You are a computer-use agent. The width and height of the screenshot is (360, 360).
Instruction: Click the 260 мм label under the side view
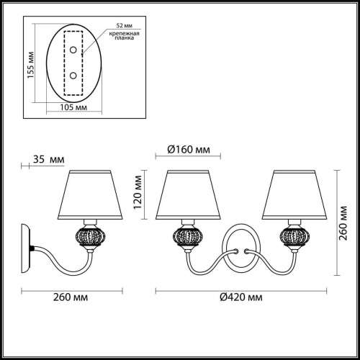72,297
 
